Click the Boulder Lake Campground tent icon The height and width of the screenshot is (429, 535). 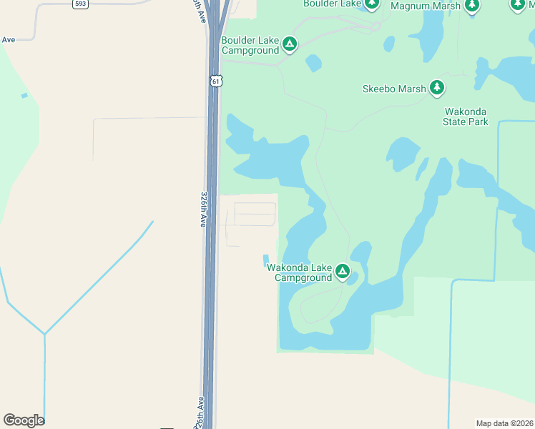(x=290, y=44)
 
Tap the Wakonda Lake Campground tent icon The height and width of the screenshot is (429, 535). (x=343, y=272)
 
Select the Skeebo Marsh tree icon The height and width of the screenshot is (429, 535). (x=436, y=89)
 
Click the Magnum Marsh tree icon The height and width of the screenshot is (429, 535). (x=471, y=6)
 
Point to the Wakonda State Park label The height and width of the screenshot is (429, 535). (x=466, y=117)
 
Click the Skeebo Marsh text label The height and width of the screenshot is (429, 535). (x=394, y=89)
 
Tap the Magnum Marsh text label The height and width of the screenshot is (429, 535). (x=425, y=6)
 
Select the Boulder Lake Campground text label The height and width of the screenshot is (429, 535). (x=250, y=45)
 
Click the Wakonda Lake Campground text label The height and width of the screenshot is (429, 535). (x=300, y=272)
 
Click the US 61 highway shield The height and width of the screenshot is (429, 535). (x=216, y=82)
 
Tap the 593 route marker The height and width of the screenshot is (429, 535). (x=81, y=4)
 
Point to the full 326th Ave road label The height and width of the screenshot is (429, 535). (x=204, y=209)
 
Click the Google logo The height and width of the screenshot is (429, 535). (x=24, y=420)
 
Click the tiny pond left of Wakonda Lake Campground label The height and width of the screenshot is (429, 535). (x=266, y=259)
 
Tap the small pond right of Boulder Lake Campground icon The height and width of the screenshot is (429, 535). (x=313, y=63)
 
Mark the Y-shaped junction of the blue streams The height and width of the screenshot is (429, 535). (x=45, y=333)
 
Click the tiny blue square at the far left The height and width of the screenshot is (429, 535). (x=24, y=96)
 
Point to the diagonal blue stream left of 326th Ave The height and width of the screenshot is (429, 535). (x=100, y=277)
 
